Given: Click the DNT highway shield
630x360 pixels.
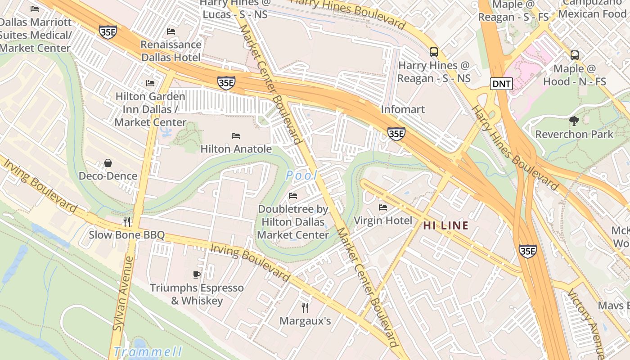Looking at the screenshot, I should point(501,83).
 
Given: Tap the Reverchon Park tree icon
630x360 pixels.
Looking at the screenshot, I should point(574,121).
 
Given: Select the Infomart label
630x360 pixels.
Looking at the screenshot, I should point(403,109).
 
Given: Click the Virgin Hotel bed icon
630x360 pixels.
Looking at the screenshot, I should point(383,207).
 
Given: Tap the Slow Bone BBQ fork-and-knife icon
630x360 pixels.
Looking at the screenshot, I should point(127,221).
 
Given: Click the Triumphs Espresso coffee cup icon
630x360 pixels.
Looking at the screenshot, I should point(197,274).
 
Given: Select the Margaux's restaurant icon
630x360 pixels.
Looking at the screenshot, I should point(305,307).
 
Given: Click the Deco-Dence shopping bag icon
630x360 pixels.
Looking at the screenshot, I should point(108,162).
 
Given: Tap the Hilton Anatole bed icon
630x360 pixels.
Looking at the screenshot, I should point(236,135).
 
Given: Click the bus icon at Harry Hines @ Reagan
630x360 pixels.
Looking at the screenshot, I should point(434,52).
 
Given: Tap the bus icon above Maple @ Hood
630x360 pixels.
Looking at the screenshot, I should point(575,55).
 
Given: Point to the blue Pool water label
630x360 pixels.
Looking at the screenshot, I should point(301,175).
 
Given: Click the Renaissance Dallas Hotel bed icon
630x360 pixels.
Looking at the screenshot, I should point(171,31).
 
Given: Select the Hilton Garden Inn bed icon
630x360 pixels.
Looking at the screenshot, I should point(150,83).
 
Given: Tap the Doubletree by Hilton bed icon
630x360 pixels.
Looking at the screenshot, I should point(293,195).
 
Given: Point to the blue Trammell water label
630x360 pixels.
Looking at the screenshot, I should point(148,351).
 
